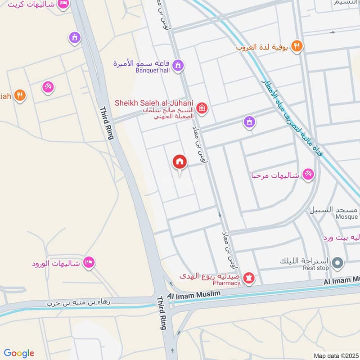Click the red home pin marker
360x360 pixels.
pos(180,162)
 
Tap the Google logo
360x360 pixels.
pos(19,353)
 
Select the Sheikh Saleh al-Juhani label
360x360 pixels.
pos(154,103)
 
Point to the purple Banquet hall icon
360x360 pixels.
pos(178,66)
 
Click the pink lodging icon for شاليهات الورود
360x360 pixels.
pos(89,263)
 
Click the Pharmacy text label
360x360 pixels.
pos(227,283)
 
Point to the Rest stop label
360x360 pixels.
pos(316,268)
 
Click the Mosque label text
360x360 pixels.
pos(346,216)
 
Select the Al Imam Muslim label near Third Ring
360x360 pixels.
pos(194,294)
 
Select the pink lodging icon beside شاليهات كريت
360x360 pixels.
pos(63,4)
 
